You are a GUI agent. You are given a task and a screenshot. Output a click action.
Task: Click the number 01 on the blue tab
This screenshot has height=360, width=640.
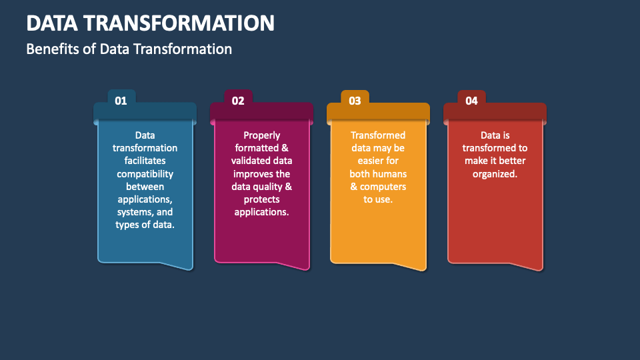121,101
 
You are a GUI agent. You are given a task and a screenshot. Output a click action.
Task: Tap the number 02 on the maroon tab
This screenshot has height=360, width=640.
238,101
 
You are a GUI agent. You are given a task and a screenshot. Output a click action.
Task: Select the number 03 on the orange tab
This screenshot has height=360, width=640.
355,101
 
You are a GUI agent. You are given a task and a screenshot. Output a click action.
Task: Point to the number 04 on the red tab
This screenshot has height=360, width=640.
471,101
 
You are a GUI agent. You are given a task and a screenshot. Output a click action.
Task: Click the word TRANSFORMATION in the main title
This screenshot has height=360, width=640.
179,23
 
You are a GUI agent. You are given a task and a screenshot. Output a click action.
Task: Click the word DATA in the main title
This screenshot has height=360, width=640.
52,23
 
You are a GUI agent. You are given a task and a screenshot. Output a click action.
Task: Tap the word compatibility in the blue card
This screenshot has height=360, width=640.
145,174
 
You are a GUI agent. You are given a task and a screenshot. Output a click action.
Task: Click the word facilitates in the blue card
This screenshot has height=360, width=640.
145,161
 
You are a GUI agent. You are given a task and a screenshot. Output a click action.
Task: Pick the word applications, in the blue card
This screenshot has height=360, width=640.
145,199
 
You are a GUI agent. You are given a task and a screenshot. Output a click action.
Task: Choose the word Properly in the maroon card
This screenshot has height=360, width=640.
261,135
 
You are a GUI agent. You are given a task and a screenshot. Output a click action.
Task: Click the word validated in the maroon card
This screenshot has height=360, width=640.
248,161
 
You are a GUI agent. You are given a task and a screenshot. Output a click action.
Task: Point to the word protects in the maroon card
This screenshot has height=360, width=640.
261,199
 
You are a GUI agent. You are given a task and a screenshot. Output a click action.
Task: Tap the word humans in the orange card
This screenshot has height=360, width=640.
392,174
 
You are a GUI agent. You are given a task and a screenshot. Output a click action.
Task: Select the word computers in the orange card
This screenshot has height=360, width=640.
383,187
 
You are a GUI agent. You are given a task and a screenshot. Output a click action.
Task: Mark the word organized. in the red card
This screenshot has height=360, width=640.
495,174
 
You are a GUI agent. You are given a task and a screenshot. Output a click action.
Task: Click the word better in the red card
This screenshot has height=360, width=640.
512,161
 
